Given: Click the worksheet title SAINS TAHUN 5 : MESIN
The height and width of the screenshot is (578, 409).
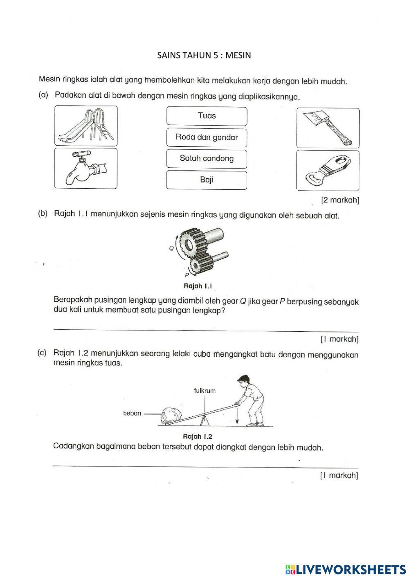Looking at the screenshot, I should (204, 55).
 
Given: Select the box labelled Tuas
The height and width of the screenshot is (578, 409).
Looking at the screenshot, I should (207, 116).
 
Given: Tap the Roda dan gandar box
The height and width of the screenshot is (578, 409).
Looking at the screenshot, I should (207, 137).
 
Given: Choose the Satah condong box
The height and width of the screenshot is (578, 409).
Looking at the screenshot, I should (207, 158).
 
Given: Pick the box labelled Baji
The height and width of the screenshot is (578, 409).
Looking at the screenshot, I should (207, 180).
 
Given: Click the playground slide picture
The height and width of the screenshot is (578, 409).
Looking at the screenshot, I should (86, 126).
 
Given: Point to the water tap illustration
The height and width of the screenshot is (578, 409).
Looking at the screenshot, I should (86, 168).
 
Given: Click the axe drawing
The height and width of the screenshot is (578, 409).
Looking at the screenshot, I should (328, 128).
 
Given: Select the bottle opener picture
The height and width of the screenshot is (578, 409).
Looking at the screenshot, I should (328, 171).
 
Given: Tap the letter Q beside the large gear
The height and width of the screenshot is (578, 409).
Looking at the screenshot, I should (171, 248).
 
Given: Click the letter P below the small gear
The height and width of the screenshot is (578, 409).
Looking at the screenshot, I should (187, 275).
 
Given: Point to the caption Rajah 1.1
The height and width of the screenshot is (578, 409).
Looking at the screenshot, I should (200, 286).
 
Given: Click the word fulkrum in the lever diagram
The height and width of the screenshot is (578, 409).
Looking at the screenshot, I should (204, 391).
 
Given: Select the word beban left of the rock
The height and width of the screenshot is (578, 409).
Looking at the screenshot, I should (132, 413).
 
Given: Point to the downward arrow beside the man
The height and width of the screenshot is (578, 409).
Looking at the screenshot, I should (237, 415).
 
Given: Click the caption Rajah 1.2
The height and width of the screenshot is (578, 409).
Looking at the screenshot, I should (198, 436).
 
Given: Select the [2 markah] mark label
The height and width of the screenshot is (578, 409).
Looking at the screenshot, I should (340, 200).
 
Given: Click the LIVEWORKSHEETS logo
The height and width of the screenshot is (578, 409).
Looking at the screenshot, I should (346, 569).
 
